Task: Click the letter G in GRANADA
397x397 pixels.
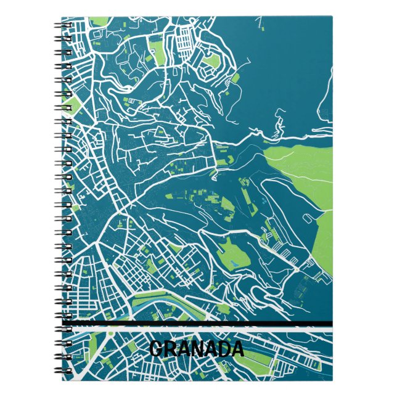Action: [x=157, y=350]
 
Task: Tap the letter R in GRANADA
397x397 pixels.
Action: [x=170, y=350]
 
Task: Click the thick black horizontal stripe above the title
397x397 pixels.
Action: [x=197, y=324]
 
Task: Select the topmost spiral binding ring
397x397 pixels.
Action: [x=65, y=25]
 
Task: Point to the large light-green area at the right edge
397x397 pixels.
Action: [x=308, y=166]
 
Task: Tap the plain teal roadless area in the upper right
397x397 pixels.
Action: [x=290, y=62]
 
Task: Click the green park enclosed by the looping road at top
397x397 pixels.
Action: [x=211, y=61]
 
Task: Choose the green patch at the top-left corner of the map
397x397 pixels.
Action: [x=99, y=23]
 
